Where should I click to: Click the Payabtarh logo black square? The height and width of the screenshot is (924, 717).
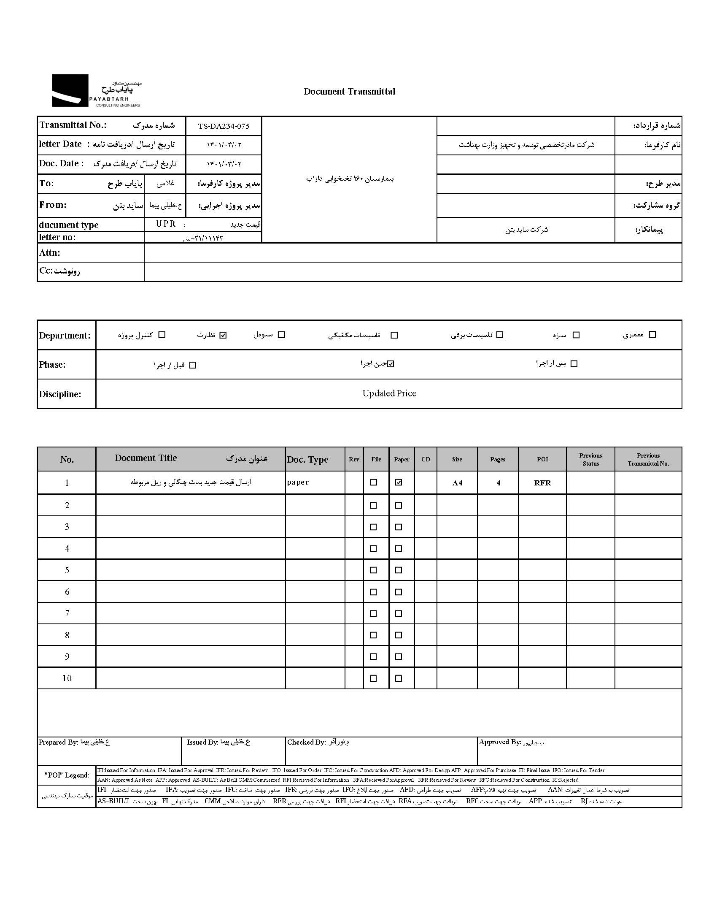click(70, 90)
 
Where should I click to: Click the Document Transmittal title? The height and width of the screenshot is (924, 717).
click(349, 92)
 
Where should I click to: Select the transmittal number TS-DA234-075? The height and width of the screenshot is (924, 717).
click(224, 126)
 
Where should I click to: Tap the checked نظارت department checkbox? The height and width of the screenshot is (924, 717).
click(223, 335)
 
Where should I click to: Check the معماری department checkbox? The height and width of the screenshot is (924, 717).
click(652, 335)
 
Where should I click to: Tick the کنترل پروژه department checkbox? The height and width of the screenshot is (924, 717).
click(162, 335)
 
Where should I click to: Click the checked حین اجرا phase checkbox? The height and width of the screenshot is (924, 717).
click(391, 364)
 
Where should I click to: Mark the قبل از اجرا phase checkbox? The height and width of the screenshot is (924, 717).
click(193, 365)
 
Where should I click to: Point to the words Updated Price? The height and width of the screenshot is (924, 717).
click(389, 393)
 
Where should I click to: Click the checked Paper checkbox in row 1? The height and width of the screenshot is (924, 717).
click(399, 482)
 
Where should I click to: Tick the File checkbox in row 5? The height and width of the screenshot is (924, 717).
click(373, 570)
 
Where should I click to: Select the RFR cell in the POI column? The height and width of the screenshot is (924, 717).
click(542, 483)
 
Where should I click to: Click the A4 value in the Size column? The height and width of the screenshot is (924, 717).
click(457, 483)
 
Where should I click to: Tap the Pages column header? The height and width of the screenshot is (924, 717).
click(498, 459)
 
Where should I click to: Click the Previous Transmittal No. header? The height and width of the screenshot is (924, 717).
click(648, 459)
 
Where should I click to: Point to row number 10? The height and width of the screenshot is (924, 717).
click(67, 678)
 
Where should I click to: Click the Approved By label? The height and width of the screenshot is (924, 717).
click(500, 742)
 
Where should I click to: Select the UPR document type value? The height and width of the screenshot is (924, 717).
click(166, 224)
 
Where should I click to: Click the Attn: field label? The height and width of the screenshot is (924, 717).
click(50, 253)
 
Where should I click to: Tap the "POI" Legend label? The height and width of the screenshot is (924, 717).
click(67, 775)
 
